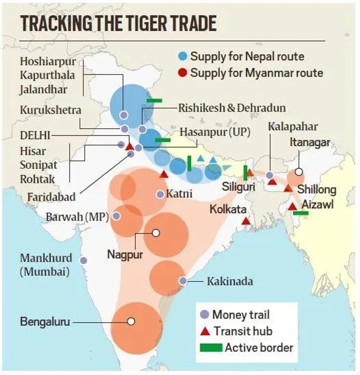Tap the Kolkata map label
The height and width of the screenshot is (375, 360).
click(228, 209)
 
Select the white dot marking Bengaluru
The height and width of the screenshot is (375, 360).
click(131, 321)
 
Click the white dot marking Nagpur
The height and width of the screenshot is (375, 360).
click(156, 233)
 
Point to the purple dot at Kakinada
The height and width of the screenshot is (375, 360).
click(183, 280)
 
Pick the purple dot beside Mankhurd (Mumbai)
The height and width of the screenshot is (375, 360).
click(83, 260)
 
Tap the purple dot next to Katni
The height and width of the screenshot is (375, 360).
click(160, 194)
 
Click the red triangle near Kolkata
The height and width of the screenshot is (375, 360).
click(246, 221)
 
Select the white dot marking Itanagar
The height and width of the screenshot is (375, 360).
click(299, 172)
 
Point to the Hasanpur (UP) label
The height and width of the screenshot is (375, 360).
click(215, 132)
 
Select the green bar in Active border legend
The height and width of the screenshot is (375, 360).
click(211, 347)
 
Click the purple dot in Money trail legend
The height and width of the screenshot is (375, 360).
click(204, 315)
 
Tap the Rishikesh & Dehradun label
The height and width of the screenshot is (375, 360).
click(232, 108)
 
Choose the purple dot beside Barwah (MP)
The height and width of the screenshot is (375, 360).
click(116, 216)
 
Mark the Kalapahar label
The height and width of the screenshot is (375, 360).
click(293, 127)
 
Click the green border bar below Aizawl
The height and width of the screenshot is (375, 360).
click(301, 213)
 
